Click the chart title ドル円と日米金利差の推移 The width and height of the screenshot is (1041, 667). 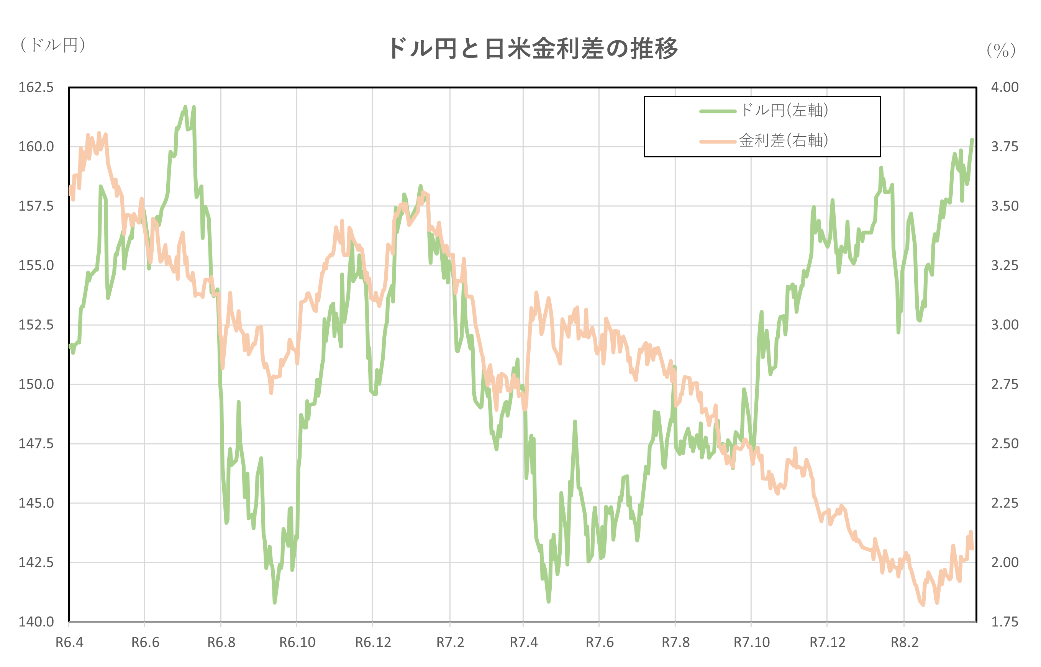pos(533,49)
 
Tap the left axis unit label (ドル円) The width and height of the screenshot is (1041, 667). pos(53,45)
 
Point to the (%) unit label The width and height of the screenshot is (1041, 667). pos(1001,51)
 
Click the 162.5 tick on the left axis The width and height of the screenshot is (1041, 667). pos(36,87)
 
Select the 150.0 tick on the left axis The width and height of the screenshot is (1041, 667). pos(36,384)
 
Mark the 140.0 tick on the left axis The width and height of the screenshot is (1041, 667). pos(36,622)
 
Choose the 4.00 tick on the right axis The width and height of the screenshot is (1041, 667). pos(1005,87)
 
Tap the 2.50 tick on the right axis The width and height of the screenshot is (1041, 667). pos(1005,443)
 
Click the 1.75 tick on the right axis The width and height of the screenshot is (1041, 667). pos(1005,622)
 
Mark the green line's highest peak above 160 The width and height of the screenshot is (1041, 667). pos(185,106)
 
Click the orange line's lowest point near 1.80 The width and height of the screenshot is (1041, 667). pos(923,605)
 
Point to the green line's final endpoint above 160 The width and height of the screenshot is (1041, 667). pos(972,139)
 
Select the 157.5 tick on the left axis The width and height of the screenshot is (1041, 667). pos(36,206)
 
